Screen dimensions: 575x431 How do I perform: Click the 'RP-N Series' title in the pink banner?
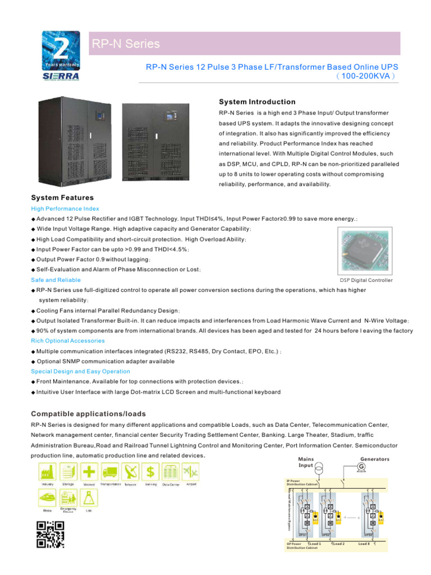click(126, 44)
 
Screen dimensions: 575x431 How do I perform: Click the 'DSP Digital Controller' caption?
click(366, 280)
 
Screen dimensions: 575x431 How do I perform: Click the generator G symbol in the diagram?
click(361, 468)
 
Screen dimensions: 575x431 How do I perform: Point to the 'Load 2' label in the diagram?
click(338, 544)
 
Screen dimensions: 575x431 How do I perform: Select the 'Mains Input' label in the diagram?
click(306, 462)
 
